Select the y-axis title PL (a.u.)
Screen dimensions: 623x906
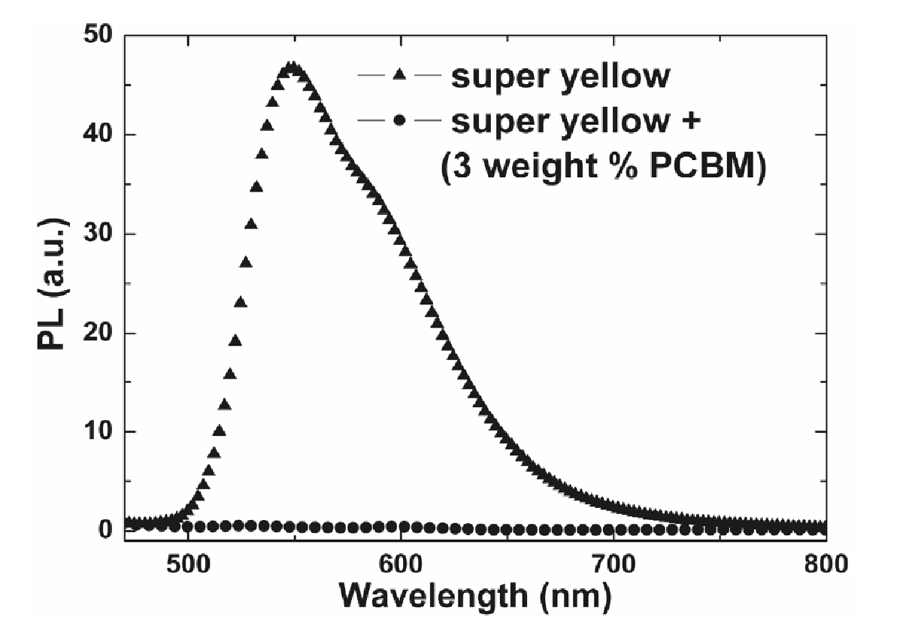coord(53,283)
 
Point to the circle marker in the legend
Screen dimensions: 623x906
coord(399,121)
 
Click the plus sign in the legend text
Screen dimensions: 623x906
coord(689,122)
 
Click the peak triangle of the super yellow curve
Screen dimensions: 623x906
coord(292,68)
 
